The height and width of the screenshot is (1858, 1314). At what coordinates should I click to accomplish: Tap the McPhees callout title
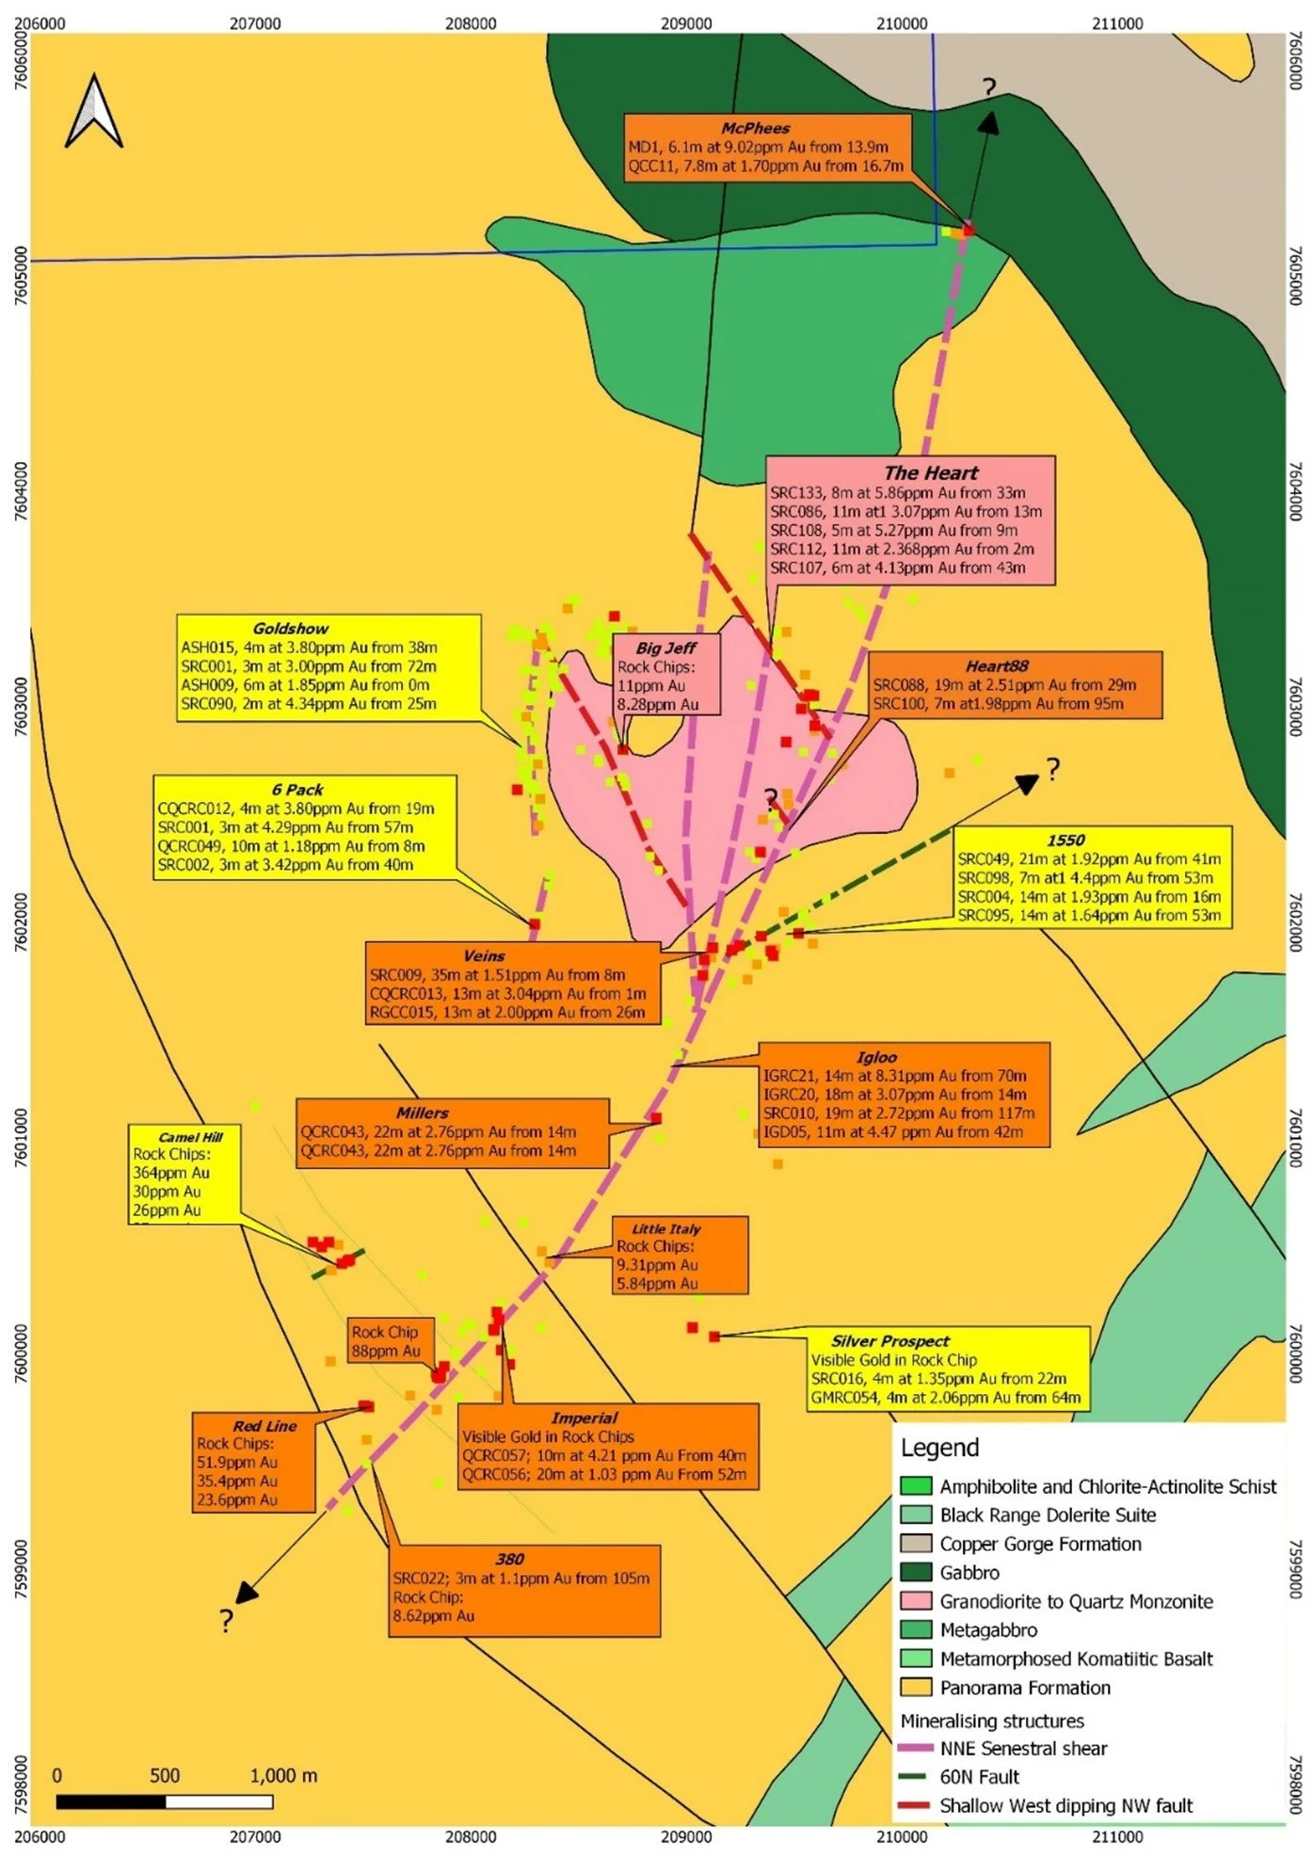pyautogui.click(x=755, y=128)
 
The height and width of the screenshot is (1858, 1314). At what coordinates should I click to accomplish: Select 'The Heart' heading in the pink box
pyautogui.click(x=930, y=473)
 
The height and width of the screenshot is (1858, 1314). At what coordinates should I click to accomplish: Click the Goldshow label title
pyautogui.click(x=291, y=628)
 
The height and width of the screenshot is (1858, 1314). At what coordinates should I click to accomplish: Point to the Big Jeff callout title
pyautogui.click(x=665, y=648)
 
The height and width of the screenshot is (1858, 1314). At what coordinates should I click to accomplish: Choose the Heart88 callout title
pyautogui.click(x=997, y=666)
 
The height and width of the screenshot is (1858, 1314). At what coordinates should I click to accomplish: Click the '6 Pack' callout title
pyautogui.click(x=297, y=790)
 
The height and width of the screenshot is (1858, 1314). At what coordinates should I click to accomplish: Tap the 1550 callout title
pyautogui.click(x=1066, y=840)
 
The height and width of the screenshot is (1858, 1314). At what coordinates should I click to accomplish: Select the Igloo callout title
pyautogui.click(x=876, y=1057)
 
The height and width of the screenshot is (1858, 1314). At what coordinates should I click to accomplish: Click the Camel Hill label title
pyautogui.click(x=191, y=1137)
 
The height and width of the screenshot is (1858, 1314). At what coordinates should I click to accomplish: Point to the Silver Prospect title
pyautogui.click(x=889, y=1341)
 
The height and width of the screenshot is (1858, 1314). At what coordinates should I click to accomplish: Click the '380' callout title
pyautogui.click(x=509, y=1559)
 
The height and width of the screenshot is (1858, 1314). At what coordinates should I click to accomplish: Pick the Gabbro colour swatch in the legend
pyautogui.click(x=916, y=1572)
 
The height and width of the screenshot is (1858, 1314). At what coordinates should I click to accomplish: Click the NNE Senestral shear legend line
pyautogui.click(x=916, y=1748)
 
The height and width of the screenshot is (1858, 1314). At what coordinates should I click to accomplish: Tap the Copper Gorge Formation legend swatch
pyautogui.click(x=916, y=1544)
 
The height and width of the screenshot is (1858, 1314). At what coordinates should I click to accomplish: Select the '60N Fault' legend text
pyautogui.click(x=979, y=1776)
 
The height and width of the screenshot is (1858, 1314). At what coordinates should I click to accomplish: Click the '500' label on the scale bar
pyautogui.click(x=165, y=1775)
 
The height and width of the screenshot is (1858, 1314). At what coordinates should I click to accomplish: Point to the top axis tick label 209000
pyautogui.click(x=686, y=24)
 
